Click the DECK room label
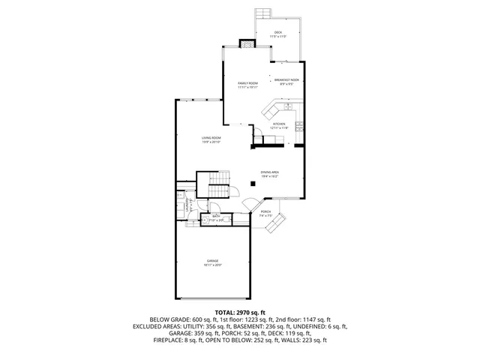[x=277, y=34]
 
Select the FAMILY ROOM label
[x=247, y=85]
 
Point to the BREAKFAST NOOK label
[x=287, y=81]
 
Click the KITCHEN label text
[x=279, y=125]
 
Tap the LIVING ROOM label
[x=211, y=139]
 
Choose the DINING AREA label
[x=269, y=173]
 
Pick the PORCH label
[x=265, y=212]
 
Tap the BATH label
[x=216, y=217]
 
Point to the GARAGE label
[x=214, y=262]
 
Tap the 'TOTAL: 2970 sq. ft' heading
[x=240, y=312]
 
